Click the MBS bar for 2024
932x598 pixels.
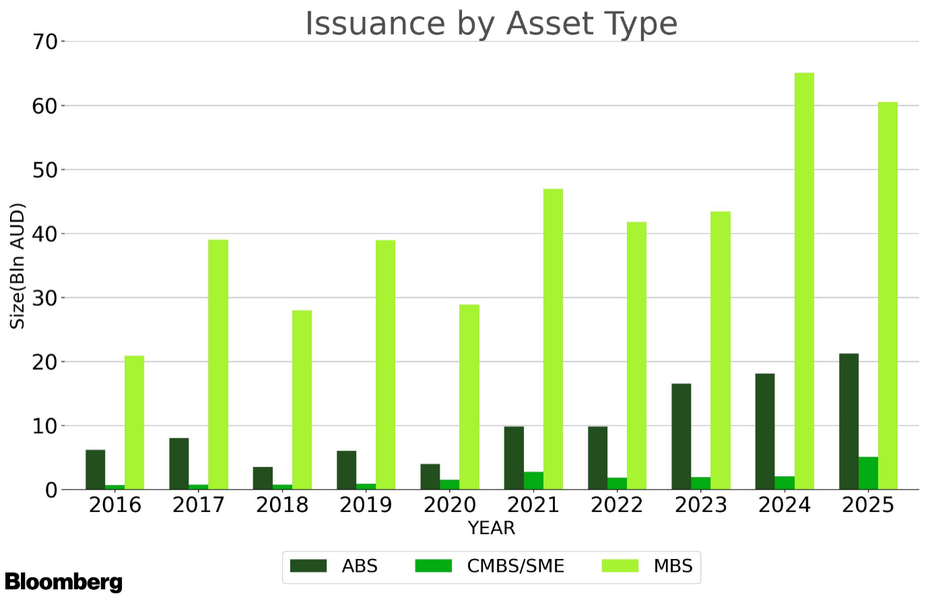(x=804, y=281)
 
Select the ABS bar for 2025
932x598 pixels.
(x=848, y=422)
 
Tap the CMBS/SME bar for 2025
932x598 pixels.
(x=868, y=474)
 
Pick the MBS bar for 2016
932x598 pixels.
(x=134, y=422)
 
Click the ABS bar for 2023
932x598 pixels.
(x=681, y=437)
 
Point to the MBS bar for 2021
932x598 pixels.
(x=553, y=339)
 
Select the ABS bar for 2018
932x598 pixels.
(x=263, y=478)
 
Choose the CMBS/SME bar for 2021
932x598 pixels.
(x=533, y=481)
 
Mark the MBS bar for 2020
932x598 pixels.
(x=469, y=397)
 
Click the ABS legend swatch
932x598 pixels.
(x=308, y=566)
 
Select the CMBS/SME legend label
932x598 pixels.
(x=515, y=566)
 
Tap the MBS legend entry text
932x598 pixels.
(x=673, y=566)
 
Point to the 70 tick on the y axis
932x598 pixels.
(x=45, y=42)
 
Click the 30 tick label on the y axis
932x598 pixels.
(x=45, y=298)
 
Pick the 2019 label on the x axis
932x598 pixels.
(x=366, y=505)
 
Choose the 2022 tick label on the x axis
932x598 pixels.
(x=617, y=505)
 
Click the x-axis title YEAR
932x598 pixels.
(x=492, y=528)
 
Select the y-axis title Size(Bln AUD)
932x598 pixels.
(x=18, y=266)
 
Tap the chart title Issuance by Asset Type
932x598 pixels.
(x=491, y=24)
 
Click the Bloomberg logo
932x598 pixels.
(x=63, y=582)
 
